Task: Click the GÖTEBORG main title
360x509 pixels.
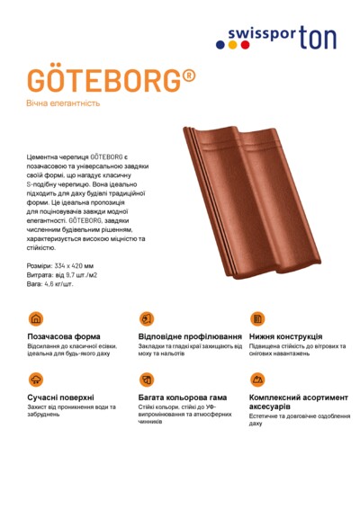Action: pos(103,81)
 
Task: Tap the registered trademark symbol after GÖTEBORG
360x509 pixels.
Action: pos(188,75)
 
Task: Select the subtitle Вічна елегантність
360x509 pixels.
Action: pos(63,103)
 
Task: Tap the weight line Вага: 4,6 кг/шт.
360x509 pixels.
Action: pos(50,283)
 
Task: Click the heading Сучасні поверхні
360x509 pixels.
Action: pos(61,397)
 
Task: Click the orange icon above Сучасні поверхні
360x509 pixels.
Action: pos(36,380)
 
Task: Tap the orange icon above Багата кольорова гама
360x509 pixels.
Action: pos(147,380)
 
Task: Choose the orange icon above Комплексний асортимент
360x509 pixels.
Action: pos(256,380)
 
